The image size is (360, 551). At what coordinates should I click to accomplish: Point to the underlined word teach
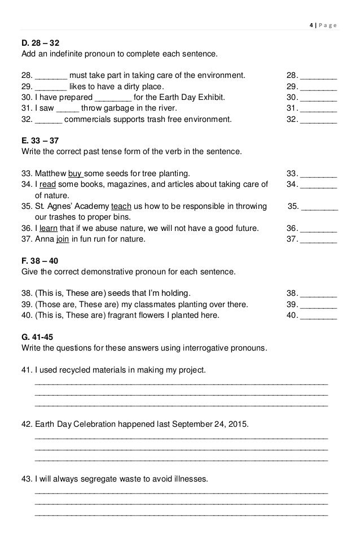122,207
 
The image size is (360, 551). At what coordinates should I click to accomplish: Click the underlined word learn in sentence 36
50,229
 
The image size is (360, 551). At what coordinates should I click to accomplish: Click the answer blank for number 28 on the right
319,76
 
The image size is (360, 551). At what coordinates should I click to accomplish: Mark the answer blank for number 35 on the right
320,208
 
